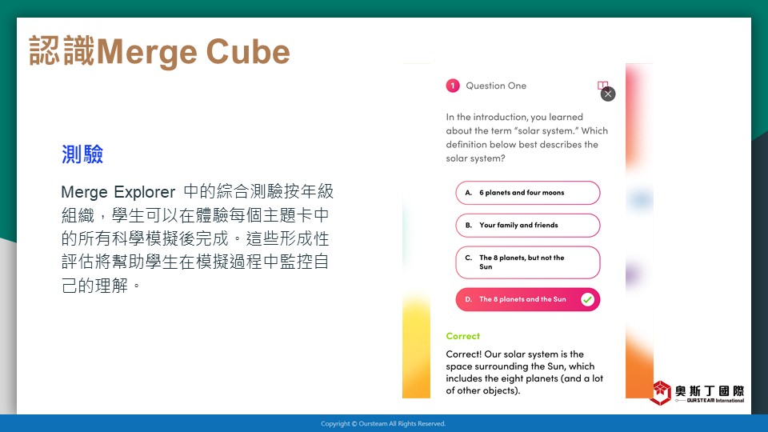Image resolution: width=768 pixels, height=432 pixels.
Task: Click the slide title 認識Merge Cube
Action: pos(160,51)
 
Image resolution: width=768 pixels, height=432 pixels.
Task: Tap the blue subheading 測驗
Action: pos(82,154)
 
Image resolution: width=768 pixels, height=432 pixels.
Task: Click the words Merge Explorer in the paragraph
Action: pos(118,192)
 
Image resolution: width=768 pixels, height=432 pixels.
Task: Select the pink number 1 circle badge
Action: pos(453,86)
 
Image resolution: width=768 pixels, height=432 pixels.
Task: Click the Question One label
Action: pos(496,86)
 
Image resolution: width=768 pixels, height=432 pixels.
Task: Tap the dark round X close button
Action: pos(608,94)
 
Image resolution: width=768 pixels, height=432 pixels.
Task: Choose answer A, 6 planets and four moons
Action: pos(527,193)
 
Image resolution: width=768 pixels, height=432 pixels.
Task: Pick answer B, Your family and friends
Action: pos(527,226)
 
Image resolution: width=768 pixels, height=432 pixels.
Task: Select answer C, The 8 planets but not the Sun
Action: pos(527,262)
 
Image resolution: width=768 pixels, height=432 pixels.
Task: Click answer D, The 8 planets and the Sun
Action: pos(527,299)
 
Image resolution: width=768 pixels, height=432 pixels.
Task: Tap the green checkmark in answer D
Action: pos(587,299)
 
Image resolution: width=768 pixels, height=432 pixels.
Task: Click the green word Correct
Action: pos(463,336)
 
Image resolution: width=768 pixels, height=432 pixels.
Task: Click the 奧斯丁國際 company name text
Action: pos(710,390)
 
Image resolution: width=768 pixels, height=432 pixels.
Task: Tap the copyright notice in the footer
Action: pos(383,424)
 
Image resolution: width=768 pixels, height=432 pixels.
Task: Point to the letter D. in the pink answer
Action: pos(469,299)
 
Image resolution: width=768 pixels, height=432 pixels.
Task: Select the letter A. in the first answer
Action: pos(469,193)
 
